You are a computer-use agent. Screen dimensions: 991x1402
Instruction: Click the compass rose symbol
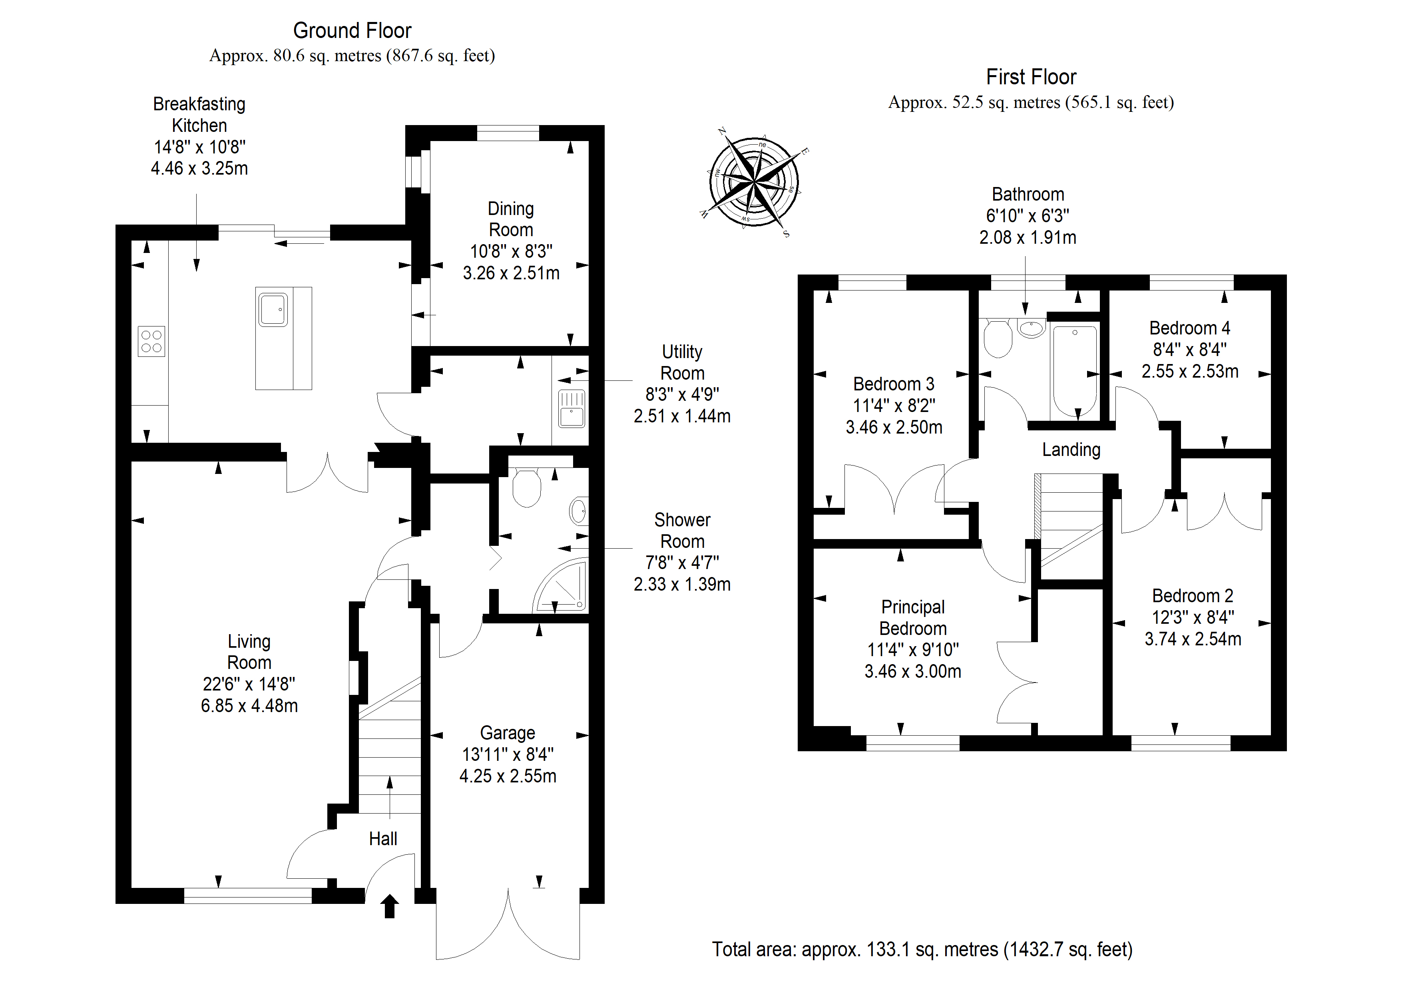(755, 182)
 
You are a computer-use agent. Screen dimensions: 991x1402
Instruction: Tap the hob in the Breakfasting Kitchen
(151, 341)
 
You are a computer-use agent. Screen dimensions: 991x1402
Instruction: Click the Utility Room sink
(572, 408)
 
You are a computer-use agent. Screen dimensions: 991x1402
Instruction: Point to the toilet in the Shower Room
(526, 487)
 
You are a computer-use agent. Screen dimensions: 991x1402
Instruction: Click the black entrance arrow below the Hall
(390, 906)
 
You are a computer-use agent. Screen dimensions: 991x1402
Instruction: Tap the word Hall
(383, 839)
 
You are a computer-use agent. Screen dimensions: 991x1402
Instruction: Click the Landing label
(1071, 450)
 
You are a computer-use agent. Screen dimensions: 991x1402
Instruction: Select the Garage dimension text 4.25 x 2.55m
(508, 776)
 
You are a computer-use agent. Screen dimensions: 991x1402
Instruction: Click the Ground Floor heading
(352, 30)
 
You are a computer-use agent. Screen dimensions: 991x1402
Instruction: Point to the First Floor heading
(1031, 77)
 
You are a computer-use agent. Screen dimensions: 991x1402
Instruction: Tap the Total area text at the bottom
(922, 949)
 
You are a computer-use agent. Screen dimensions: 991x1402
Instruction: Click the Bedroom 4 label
(1189, 328)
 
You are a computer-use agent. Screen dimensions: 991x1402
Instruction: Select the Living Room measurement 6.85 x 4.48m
(249, 706)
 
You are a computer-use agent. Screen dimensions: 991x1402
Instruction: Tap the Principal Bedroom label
(913, 617)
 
